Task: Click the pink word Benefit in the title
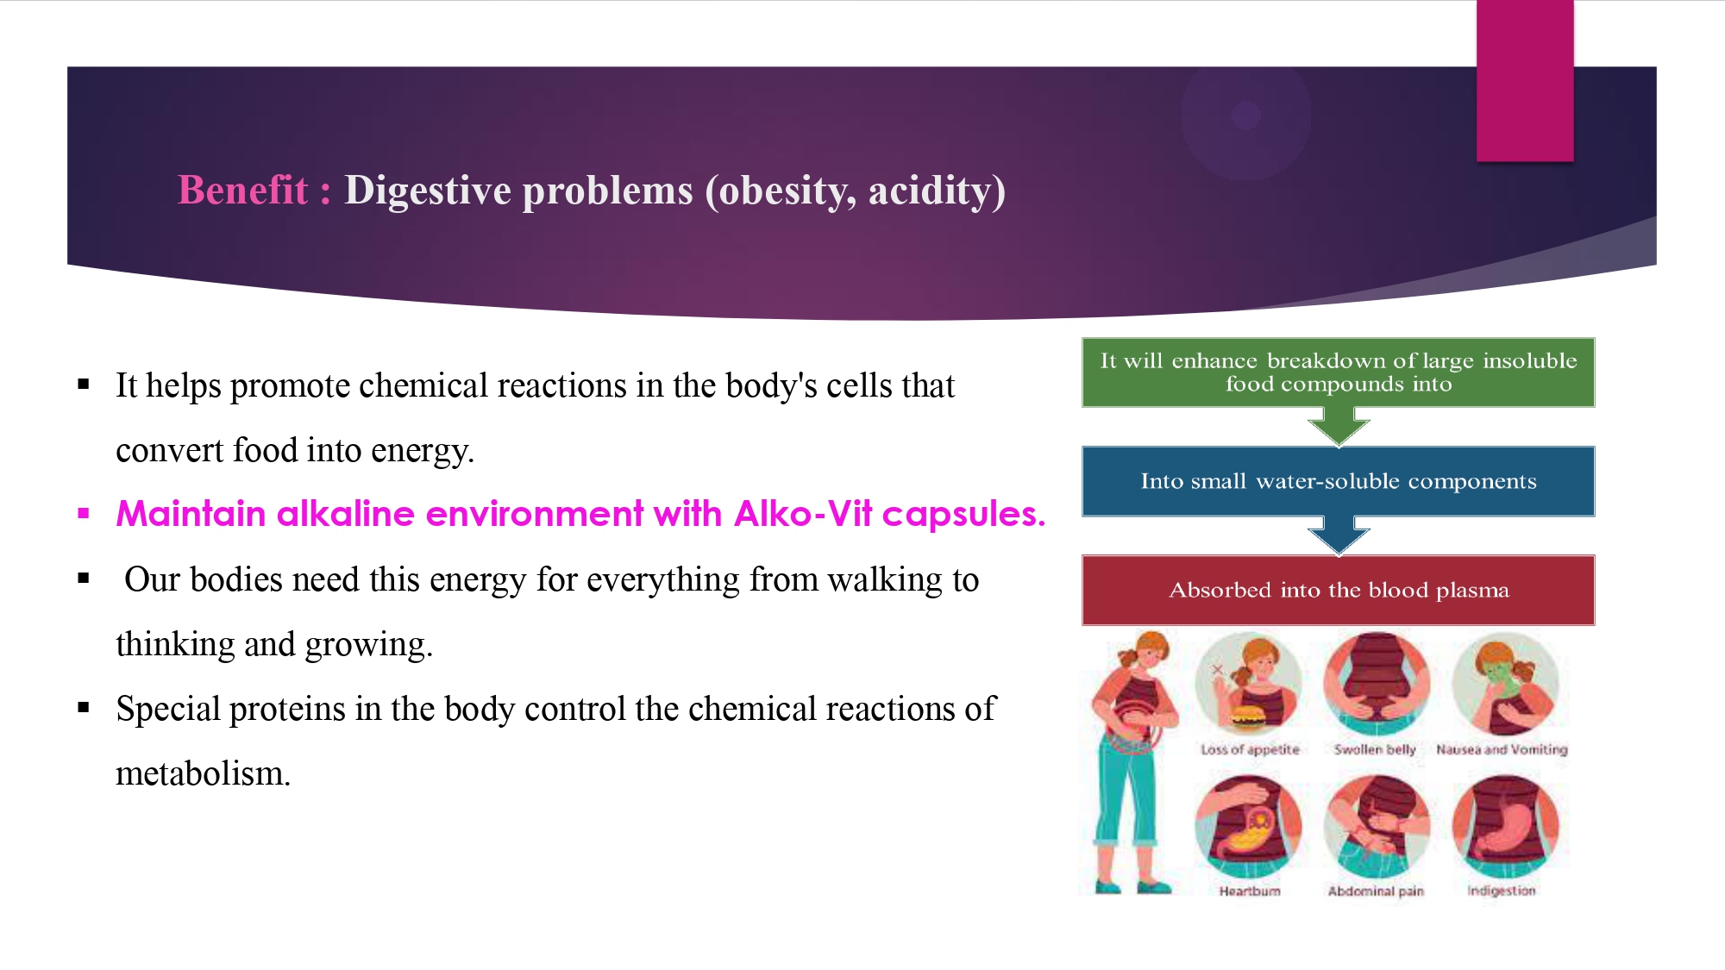pyautogui.click(x=242, y=190)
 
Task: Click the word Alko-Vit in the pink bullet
pyautogui.click(x=803, y=514)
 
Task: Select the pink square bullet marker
pyautogui.click(x=84, y=514)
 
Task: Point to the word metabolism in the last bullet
pyautogui.click(x=203, y=773)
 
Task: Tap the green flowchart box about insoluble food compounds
pyautogui.click(x=1339, y=372)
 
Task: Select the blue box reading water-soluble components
pyautogui.click(x=1339, y=481)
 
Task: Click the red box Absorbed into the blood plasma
pyautogui.click(x=1339, y=590)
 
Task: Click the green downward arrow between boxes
pyautogui.click(x=1339, y=426)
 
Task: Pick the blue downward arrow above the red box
pyautogui.click(x=1339, y=535)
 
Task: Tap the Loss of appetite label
pyautogui.click(x=1250, y=749)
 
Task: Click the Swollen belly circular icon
pyautogui.click(x=1377, y=684)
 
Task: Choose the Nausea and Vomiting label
pyautogui.click(x=1502, y=749)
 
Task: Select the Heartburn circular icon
pyautogui.click(x=1248, y=826)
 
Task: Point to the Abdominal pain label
pyautogui.click(x=1376, y=891)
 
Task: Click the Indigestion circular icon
pyautogui.click(x=1505, y=826)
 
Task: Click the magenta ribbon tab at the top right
pyautogui.click(x=1525, y=80)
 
